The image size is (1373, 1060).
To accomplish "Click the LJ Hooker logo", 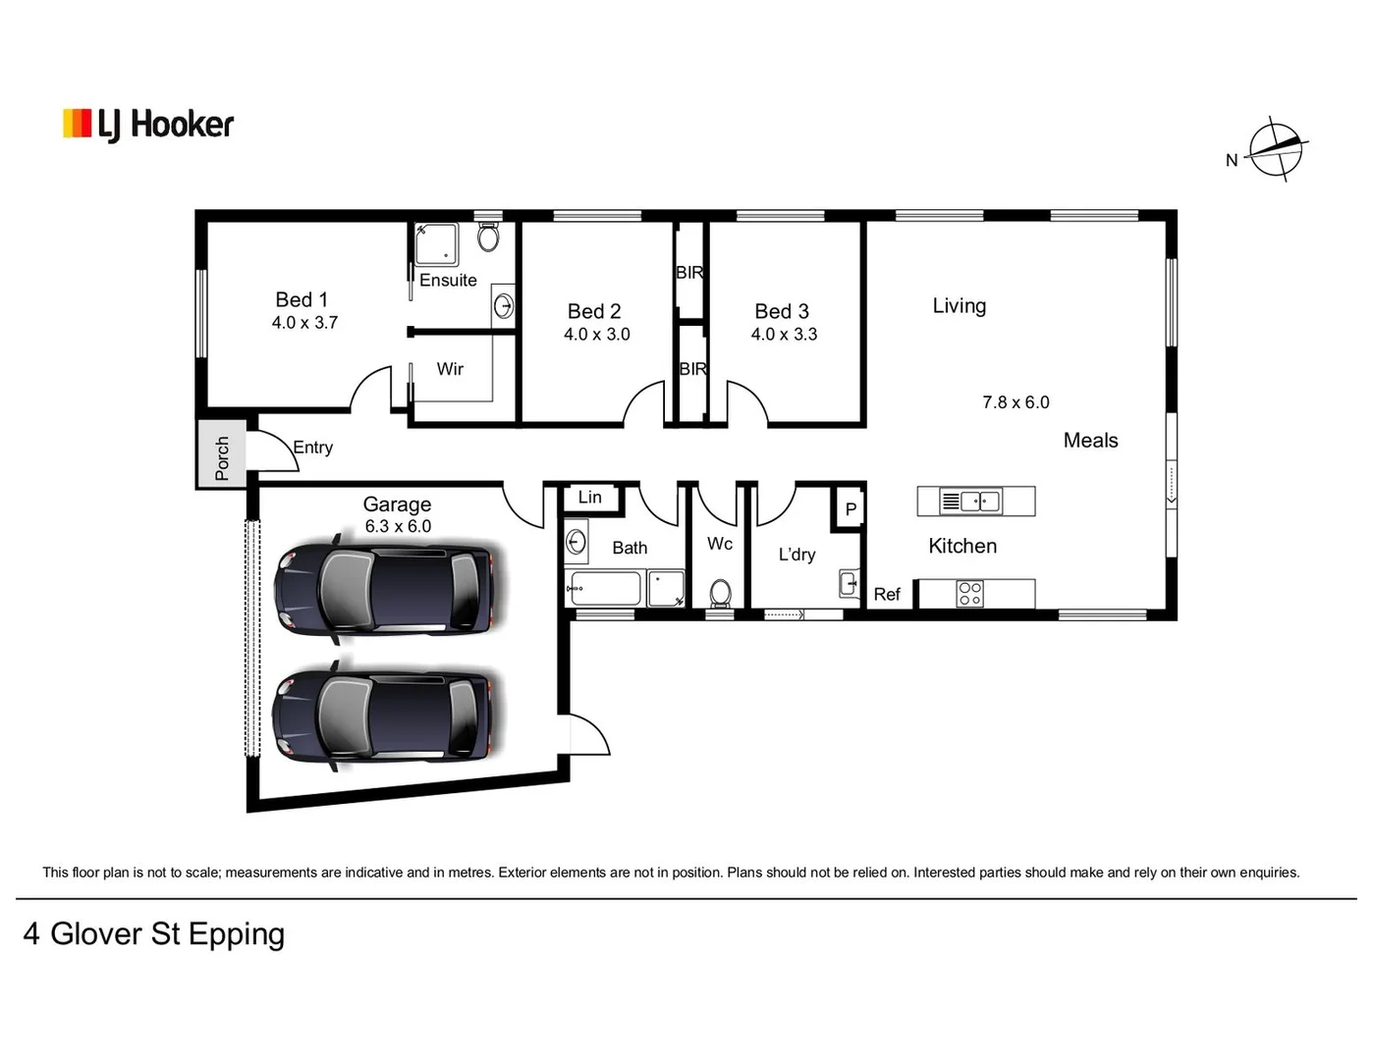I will pyautogui.click(x=148, y=125).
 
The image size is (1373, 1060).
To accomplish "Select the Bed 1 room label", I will pyautogui.click(x=302, y=299).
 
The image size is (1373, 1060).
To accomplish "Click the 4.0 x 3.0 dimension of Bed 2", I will pyautogui.click(x=596, y=335).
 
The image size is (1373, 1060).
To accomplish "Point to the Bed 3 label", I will pyautogui.click(x=782, y=311).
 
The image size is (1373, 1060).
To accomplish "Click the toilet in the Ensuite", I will pyautogui.click(x=488, y=237).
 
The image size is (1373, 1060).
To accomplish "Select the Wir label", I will pyautogui.click(x=450, y=369).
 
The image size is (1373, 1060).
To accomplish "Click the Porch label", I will pyautogui.click(x=222, y=458).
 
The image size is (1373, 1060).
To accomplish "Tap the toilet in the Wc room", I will pyautogui.click(x=720, y=593).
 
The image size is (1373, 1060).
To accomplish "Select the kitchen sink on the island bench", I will pyautogui.click(x=970, y=502).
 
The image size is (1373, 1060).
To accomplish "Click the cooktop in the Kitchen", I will pyautogui.click(x=969, y=594).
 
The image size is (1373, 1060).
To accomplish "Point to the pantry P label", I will pyautogui.click(x=851, y=509).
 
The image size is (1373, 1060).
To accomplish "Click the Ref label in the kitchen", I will pyautogui.click(x=886, y=594).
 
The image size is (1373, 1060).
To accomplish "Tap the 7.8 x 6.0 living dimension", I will pyautogui.click(x=1016, y=402).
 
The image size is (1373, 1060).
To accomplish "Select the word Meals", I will pyautogui.click(x=1090, y=441).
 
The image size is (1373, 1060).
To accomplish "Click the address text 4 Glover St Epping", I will pyautogui.click(x=154, y=933).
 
